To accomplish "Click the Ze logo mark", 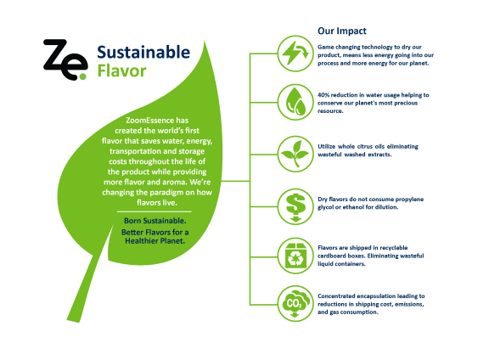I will point(65,59).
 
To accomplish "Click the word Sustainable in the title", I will point(143,52).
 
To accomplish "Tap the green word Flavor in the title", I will point(121,70).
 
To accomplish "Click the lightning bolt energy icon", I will point(293,52).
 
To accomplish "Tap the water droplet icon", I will point(293,101).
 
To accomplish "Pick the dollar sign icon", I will point(293,205).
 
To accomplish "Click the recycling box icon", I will point(293,253).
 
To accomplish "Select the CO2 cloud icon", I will point(293,301).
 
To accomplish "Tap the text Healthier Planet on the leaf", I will point(154,240).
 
